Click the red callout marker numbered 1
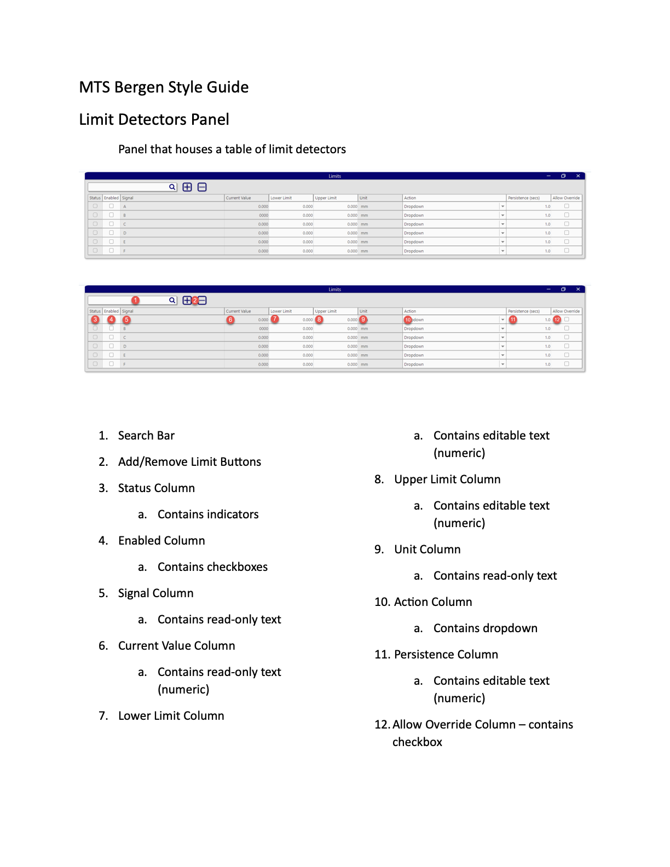(135, 300)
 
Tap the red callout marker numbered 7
(275, 319)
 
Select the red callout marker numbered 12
(557, 320)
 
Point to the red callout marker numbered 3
(95, 320)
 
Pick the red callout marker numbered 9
(363, 320)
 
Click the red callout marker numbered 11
(513, 320)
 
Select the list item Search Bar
(146, 436)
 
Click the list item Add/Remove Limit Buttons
(189, 462)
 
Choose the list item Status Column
(156, 488)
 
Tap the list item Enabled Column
(161, 541)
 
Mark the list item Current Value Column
(176, 646)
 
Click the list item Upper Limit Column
(447, 479)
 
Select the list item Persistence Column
(446, 655)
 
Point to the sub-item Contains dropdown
(485, 628)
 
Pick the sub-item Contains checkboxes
(212, 567)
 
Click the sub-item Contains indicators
(208, 515)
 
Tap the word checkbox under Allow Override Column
(417, 742)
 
